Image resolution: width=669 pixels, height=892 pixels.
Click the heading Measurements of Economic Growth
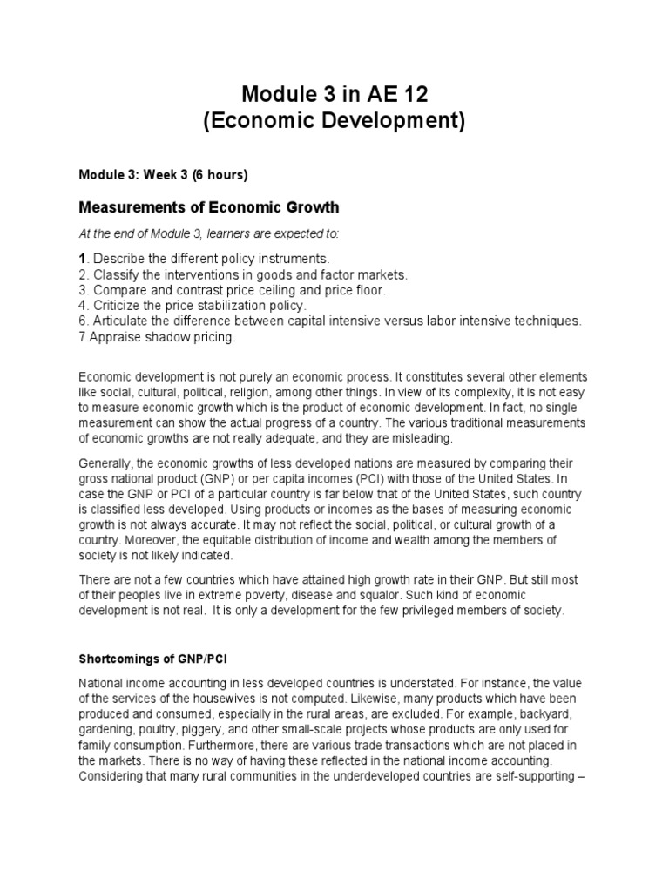[x=209, y=207]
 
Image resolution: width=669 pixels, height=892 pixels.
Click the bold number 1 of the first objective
[x=83, y=260]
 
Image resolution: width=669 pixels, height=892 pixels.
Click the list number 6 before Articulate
[x=83, y=321]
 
